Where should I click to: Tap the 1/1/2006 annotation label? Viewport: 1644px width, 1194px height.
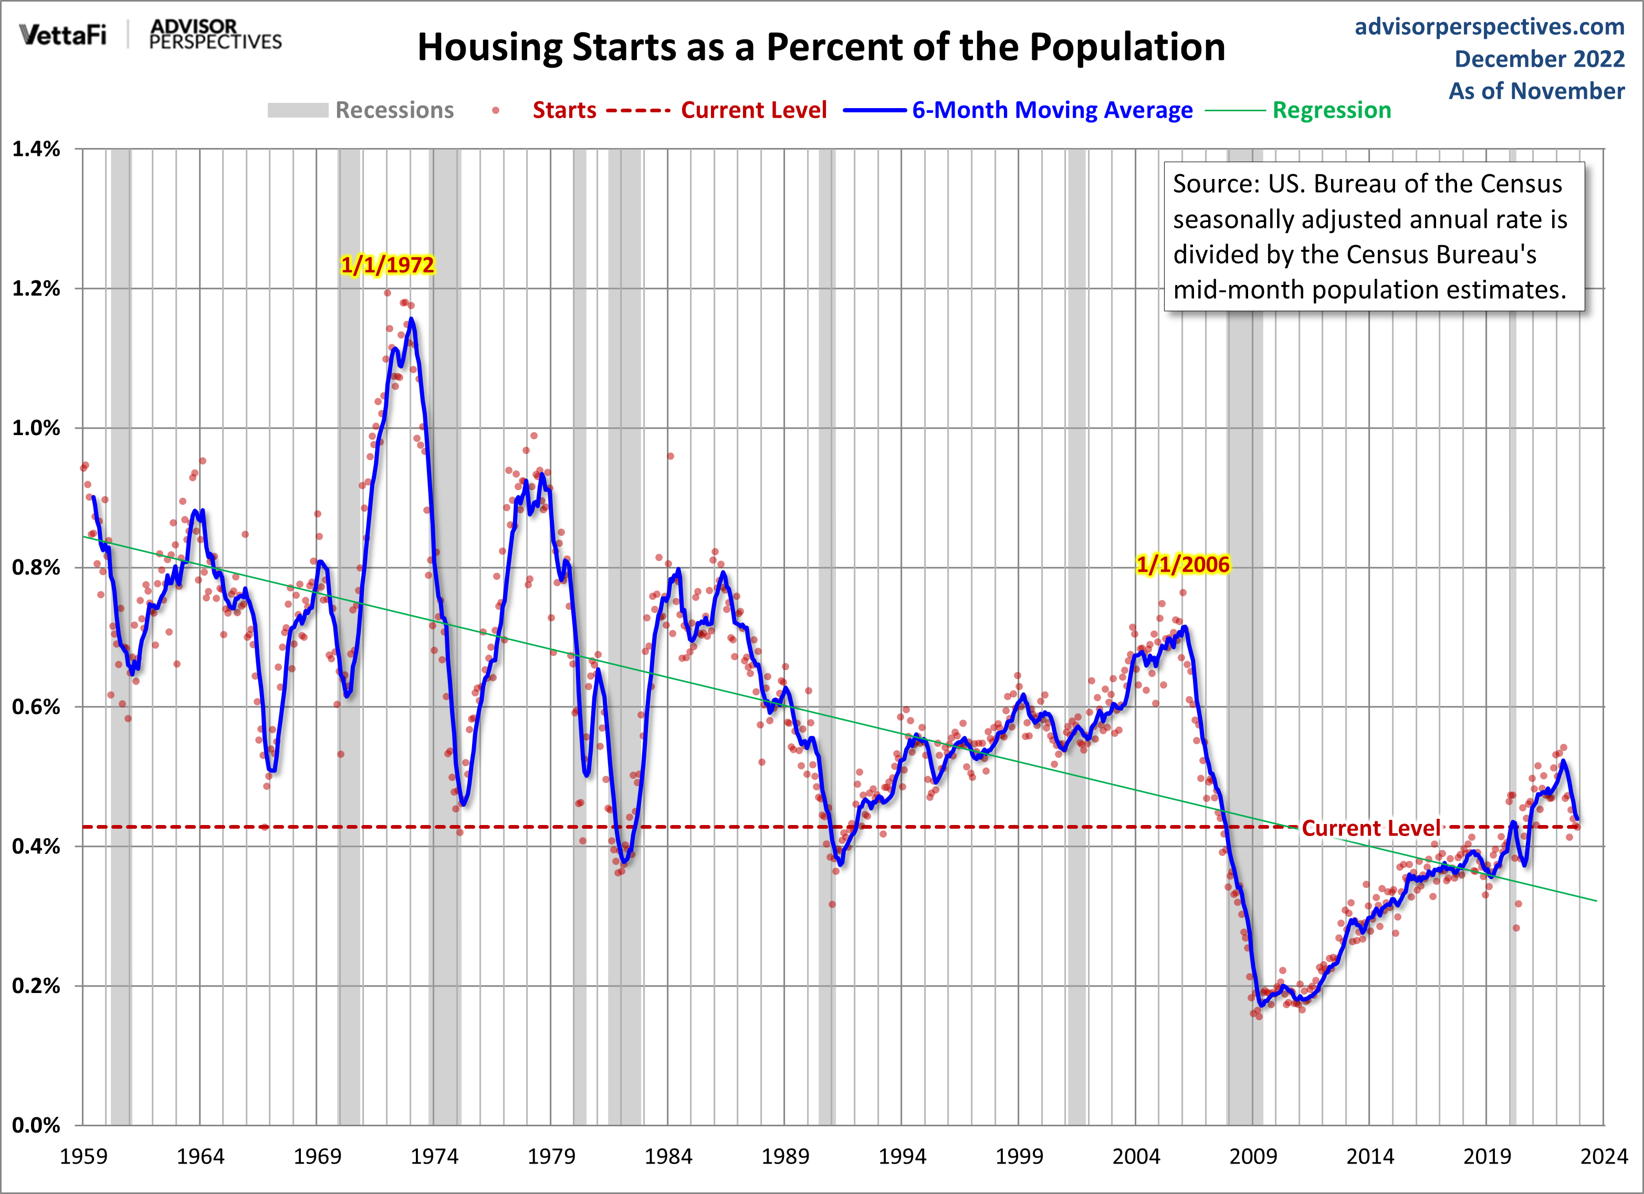(x=1182, y=564)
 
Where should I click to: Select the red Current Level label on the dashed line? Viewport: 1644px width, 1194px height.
(x=1371, y=828)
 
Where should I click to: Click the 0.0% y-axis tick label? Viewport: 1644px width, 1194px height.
(x=36, y=1125)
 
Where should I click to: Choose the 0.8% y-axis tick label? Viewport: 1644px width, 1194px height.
(x=36, y=567)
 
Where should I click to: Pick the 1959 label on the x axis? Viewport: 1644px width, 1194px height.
(x=83, y=1156)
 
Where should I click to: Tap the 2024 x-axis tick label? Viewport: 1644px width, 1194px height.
(x=1604, y=1156)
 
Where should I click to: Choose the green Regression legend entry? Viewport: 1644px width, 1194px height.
(x=1332, y=110)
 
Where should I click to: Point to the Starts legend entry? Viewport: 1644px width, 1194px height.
(x=564, y=110)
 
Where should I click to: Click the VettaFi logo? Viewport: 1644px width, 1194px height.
(x=63, y=35)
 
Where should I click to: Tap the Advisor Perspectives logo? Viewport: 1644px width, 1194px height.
(x=215, y=35)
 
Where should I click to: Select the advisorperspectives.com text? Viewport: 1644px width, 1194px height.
(x=1490, y=27)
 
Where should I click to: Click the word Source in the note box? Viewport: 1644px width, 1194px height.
(x=1216, y=184)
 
